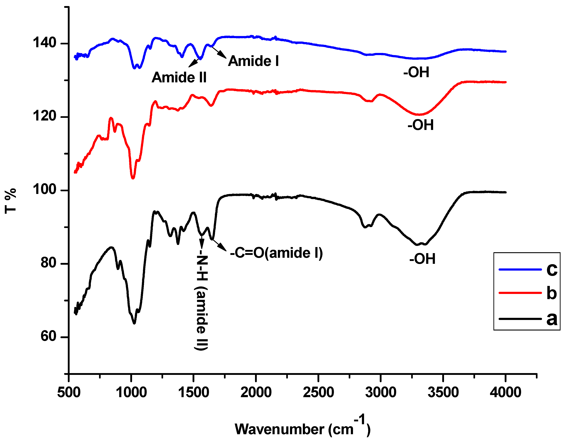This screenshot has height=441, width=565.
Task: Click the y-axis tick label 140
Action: [44, 43]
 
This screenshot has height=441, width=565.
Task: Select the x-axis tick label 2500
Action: [318, 392]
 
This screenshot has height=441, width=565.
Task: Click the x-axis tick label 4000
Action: [505, 392]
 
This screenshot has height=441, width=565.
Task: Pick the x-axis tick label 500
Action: [69, 392]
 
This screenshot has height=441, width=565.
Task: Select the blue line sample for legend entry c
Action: [520, 270]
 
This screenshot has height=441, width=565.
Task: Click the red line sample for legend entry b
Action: [520, 293]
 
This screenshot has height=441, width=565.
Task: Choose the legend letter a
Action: [552, 319]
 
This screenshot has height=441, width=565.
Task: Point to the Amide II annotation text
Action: [179, 78]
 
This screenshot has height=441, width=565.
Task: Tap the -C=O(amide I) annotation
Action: [276, 253]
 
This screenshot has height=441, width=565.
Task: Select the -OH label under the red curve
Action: [421, 125]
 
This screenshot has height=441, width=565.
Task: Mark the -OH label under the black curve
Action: [422, 259]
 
